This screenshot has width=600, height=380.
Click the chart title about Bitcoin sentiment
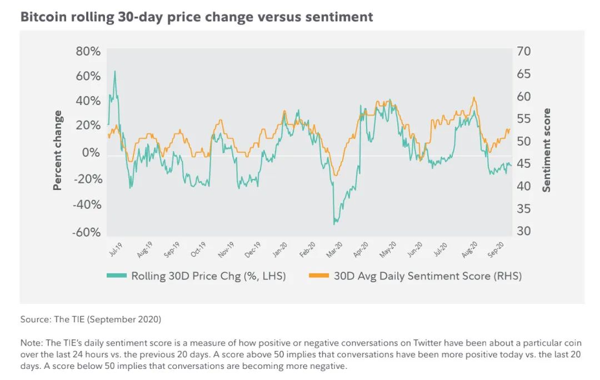pyautogui.click(x=197, y=17)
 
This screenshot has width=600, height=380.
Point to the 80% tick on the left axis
pyautogui.click(x=88, y=51)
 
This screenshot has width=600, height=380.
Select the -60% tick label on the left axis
pyautogui.click(x=87, y=232)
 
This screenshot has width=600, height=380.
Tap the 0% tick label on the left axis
pyautogui.click(x=92, y=153)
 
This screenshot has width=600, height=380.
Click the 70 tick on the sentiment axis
pyautogui.click(x=524, y=51)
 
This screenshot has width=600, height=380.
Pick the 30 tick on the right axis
pyautogui.click(x=524, y=232)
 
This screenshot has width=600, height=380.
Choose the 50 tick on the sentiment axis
pyautogui.click(x=524, y=141)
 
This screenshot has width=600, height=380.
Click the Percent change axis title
pyautogui.click(x=58, y=151)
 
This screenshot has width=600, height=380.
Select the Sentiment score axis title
pyautogui.click(x=547, y=151)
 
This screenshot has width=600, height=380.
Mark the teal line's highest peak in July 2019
pyautogui.click(x=114, y=71)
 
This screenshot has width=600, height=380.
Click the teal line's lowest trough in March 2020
pyautogui.click(x=334, y=224)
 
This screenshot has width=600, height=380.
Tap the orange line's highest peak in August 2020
pyautogui.click(x=473, y=98)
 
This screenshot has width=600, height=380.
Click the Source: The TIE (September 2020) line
pyautogui.click(x=91, y=320)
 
